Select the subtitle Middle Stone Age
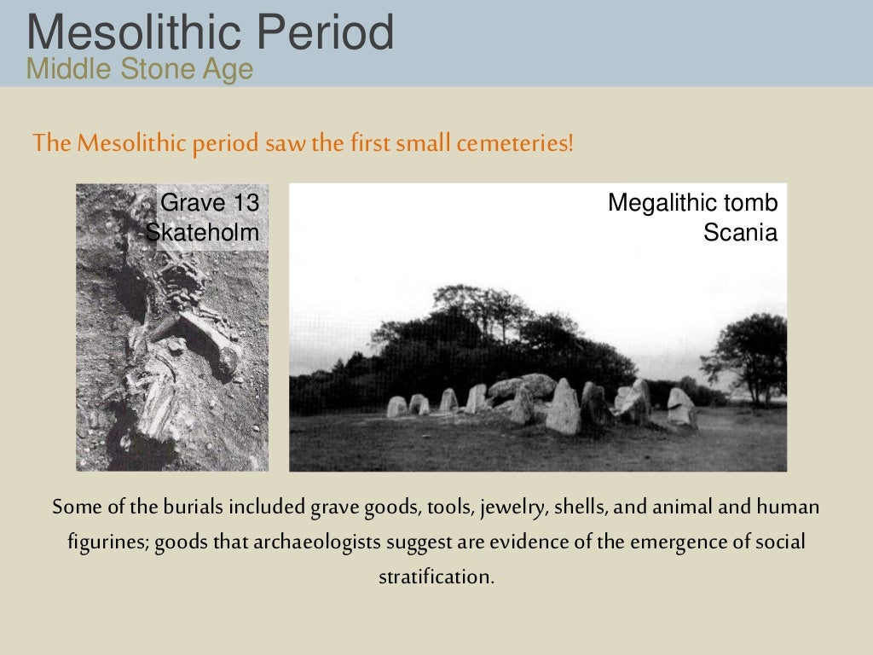pos(140,68)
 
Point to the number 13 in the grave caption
pos(244,203)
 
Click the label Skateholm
pos(202,232)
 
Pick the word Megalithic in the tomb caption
pos(650,203)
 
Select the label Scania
pos(740,232)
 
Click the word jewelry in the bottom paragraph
pos(513,507)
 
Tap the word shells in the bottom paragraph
pos(581,507)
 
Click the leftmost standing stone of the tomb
pos(396,407)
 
